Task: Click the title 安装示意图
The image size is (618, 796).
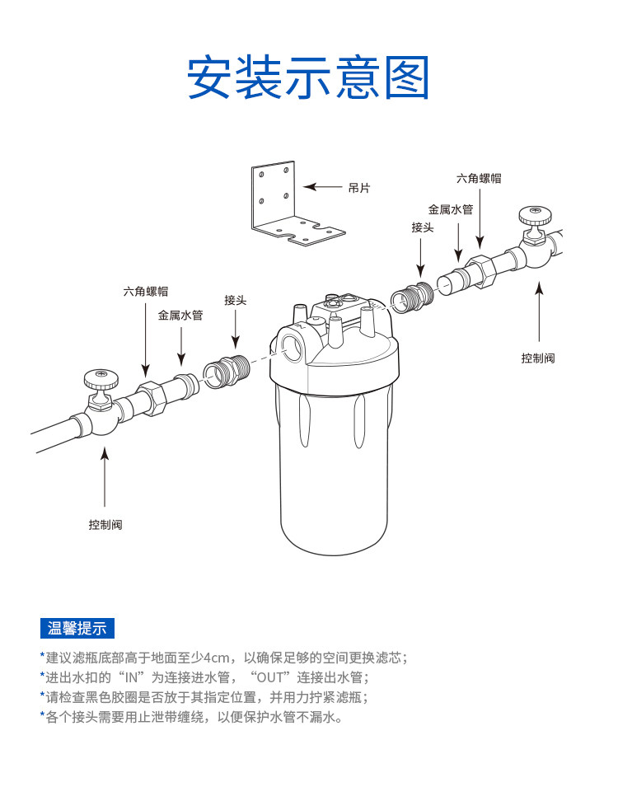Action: click(308, 78)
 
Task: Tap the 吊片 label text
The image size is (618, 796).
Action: click(359, 188)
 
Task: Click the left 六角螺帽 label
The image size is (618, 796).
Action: click(146, 291)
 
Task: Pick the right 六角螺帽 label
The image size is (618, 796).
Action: click(479, 178)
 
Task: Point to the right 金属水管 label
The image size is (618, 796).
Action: click(451, 209)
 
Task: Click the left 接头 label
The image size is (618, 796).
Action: click(235, 300)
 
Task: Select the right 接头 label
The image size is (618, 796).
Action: click(423, 227)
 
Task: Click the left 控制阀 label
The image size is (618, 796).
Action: click(105, 524)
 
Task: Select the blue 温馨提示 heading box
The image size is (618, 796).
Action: click(77, 628)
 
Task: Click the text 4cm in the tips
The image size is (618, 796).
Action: click(218, 658)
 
